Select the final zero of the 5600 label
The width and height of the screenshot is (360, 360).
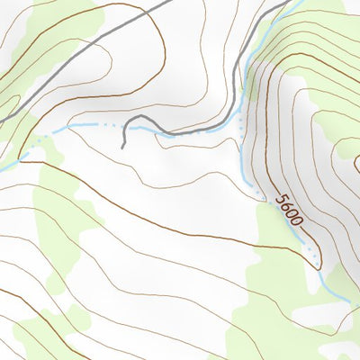pos(298,221)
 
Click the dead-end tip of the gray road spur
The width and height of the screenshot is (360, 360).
pos(122,146)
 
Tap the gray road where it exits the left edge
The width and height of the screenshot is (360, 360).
pos(2,119)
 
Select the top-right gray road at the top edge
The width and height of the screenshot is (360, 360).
pos(290,2)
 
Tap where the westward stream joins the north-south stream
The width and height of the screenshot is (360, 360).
pos(241,129)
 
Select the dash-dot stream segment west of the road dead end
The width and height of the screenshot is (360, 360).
pos(90,127)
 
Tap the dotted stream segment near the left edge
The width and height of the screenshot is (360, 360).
pos(36,144)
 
